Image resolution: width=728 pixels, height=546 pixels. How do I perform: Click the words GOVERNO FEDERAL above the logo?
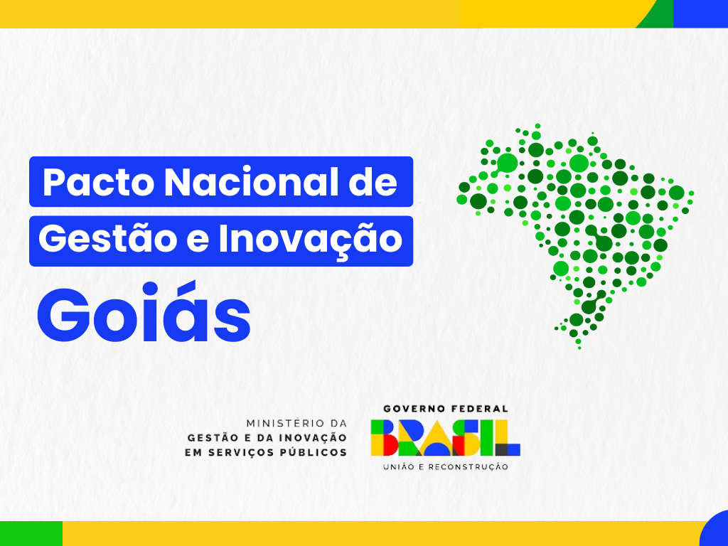[x=446, y=409]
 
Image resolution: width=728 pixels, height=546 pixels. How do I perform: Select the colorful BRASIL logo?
[x=445, y=437]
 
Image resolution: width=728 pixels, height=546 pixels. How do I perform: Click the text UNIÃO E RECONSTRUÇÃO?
[x=446, y=467]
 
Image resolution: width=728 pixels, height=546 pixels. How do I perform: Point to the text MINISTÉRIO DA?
[x=296, y=423]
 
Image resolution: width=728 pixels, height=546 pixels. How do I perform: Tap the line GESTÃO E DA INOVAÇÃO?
[x=267, y=437]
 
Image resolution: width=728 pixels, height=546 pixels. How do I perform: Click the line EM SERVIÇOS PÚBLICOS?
[x=267, y=452]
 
